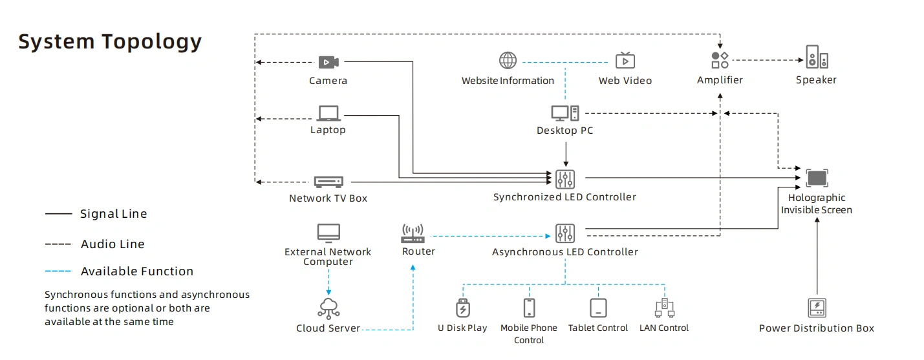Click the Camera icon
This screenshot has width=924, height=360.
point(328,62)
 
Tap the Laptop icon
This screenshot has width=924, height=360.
point(328,113)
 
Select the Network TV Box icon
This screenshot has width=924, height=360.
point(328,182)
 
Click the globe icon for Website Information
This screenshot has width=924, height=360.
point(508,61)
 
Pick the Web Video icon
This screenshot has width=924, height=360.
point(625,61)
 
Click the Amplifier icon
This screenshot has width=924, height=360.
point(720,61)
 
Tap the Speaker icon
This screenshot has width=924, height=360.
point(816,58)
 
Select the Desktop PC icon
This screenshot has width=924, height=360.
point(564,113)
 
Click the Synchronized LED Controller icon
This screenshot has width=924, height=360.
point(564,178)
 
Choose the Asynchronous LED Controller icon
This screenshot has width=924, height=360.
point(564,233)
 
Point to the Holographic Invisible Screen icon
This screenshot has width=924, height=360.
point(817,178)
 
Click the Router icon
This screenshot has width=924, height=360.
point(412,233)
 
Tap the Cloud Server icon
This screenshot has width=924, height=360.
point(328,308)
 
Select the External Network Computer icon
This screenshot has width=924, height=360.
point(328,233)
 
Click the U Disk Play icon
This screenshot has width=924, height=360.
point(462,308)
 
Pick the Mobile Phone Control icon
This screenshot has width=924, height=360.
point(529,308)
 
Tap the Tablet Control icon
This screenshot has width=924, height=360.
point(598,308)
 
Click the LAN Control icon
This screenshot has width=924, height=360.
point(664,308)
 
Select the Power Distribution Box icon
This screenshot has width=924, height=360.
point(817,308)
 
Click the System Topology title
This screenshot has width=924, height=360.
point(110,41)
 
